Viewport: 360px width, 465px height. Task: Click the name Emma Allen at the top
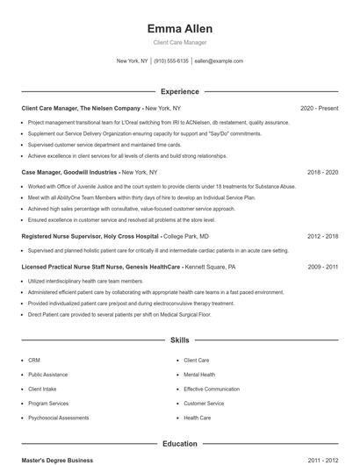[x=180, y=28]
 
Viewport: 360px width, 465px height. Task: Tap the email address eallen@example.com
[x=219, y=61]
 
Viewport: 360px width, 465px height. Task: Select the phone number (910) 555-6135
[x=172, y=61]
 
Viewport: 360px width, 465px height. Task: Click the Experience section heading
[x=180, y=91]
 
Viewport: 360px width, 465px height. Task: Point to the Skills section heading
[x=180, y=340]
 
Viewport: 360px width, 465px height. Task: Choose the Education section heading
[x=180, y=444]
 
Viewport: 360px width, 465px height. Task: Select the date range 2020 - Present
[x=319, y=108]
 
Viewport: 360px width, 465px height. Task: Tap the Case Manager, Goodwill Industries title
[x=69, y=172]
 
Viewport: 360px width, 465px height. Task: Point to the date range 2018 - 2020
[x=322, y=172]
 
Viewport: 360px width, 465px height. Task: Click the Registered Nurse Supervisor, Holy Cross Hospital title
[x=90, y=236]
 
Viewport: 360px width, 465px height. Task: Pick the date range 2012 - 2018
[x=322, y=236]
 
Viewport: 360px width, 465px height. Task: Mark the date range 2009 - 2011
[x=322, y=266]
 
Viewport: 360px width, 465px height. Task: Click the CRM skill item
[x=34, y=360]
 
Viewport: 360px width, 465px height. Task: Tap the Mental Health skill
[x=199, y=375]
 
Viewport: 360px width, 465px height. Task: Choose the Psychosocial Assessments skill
[x=58, y=418]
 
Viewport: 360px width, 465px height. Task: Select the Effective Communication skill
[x=212, y=389]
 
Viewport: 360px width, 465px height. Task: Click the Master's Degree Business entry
[x=57, y=460]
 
